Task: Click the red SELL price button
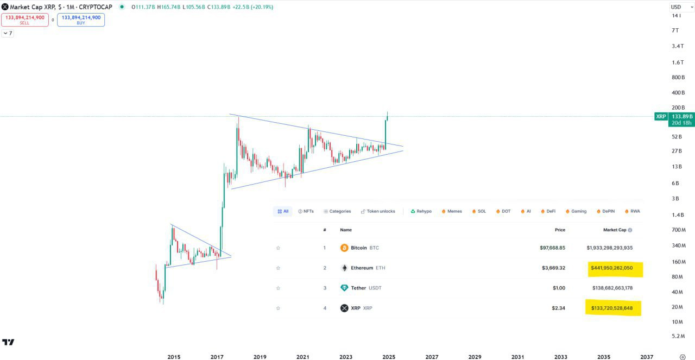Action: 24,20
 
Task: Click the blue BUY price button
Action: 81,20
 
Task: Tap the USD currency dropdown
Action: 681,7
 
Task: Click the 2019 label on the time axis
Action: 260,357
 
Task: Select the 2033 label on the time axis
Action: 560,357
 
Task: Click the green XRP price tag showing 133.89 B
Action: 681,116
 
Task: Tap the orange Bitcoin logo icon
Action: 344,248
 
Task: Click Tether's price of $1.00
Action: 557,288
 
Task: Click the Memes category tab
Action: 452,211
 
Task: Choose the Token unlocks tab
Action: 378,211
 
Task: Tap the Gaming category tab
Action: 576,211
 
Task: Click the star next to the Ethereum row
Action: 278,268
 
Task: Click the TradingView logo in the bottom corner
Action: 8,342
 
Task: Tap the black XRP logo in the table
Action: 344,308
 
